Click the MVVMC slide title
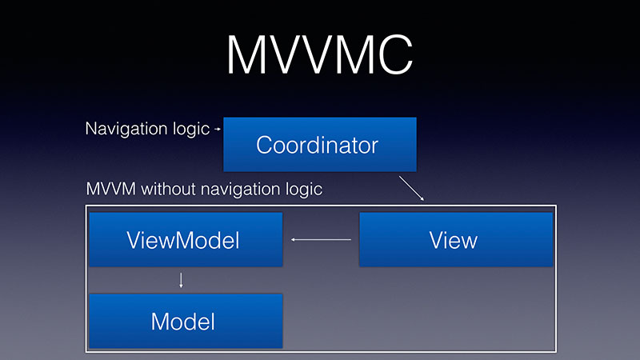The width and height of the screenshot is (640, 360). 319,54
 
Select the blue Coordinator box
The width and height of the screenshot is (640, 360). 320,145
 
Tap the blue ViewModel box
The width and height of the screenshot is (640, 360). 186,239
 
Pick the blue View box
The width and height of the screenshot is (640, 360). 456,239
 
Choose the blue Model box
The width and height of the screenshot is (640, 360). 186,321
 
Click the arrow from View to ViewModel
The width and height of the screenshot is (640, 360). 321,239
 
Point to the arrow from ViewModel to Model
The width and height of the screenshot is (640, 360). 181,281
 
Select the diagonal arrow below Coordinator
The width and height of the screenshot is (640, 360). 411,188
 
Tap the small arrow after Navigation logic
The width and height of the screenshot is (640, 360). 218,129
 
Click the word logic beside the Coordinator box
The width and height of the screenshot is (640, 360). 191,130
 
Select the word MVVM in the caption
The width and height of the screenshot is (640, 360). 111,190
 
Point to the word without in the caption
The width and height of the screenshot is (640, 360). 168,190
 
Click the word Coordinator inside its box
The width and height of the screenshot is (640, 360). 317,145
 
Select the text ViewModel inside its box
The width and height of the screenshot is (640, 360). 183,240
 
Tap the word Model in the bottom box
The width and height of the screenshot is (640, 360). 183,322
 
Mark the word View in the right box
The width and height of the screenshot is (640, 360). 453,240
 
